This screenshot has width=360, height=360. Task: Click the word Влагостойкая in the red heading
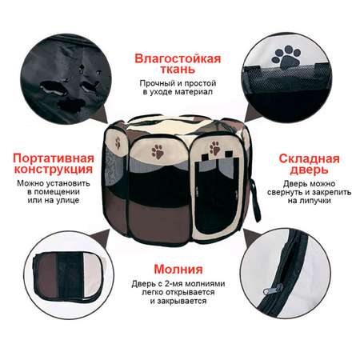point(178,58)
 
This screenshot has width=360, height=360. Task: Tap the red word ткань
point(178,70)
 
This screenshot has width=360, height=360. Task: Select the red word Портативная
point(54,158)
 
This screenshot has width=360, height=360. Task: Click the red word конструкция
point(54,170)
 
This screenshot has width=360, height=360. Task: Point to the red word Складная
point(310,159)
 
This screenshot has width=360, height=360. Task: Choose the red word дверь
point(310,170)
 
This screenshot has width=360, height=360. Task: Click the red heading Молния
point(178,269)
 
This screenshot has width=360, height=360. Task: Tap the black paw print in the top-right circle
point(286,58)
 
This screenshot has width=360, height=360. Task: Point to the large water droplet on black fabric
point(53,88)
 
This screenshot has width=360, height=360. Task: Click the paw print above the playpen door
point(214,148)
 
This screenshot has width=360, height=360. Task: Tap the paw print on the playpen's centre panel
point(158,151)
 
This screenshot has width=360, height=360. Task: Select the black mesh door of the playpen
point(216,198)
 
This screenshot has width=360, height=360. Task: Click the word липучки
point(310,201)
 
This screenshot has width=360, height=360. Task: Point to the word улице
point(68,200)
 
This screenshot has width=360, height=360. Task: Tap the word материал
point(194,92)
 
